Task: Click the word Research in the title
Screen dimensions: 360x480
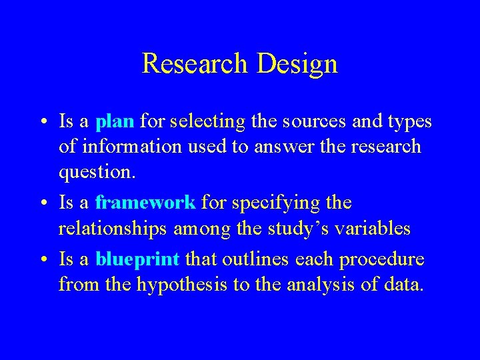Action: pos(194,64)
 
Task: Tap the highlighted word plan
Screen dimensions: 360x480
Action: pos(115,121)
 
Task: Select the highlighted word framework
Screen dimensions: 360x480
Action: pos(145,201)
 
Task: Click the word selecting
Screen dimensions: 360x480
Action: pos(207,121)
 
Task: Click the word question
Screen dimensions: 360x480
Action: pos(96,172)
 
